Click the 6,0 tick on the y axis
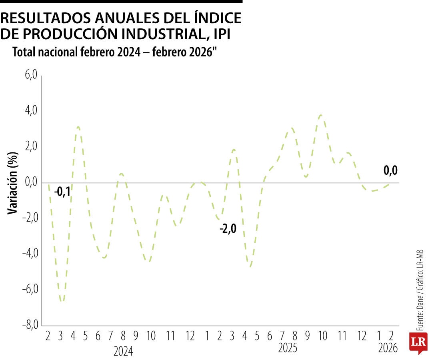tap(30, 75)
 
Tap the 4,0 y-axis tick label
tap(30, 110)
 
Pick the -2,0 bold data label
tap(228, 229)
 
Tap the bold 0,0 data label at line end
tap(390, 171)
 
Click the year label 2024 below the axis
tap(123, 351)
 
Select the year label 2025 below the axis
tap(288, 348)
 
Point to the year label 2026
tap(388, 348)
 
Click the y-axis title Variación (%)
tap(13, 183)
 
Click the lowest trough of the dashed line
tap(62, 301)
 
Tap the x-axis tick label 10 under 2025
tap(322, 336)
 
